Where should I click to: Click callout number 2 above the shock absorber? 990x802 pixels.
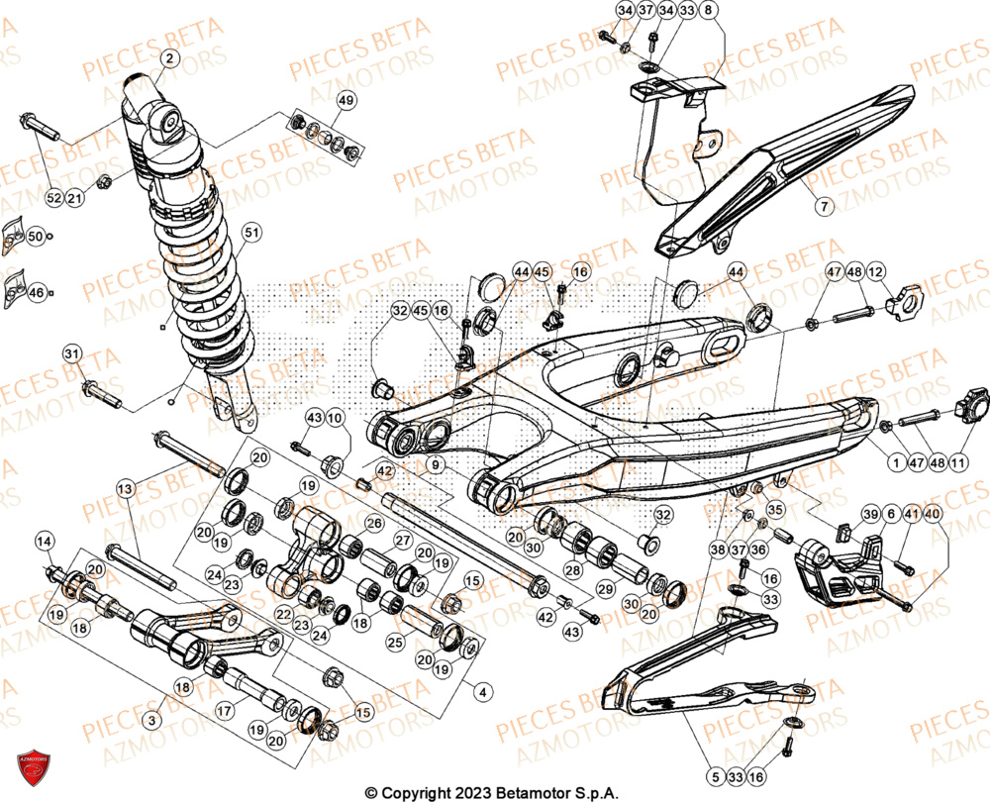(168, 59)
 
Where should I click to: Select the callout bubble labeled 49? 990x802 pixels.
(345, 100)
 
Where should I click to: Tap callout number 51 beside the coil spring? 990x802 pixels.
(251, 233)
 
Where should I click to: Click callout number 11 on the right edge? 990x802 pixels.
(958, 461)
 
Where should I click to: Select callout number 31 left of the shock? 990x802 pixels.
(71, 353)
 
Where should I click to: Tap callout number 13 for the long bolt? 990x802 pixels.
(125, 489)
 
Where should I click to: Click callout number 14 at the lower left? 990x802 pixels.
(45, 541)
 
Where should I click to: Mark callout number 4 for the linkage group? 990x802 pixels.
(482, 692)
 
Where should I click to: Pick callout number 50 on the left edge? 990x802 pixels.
(35, 237)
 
